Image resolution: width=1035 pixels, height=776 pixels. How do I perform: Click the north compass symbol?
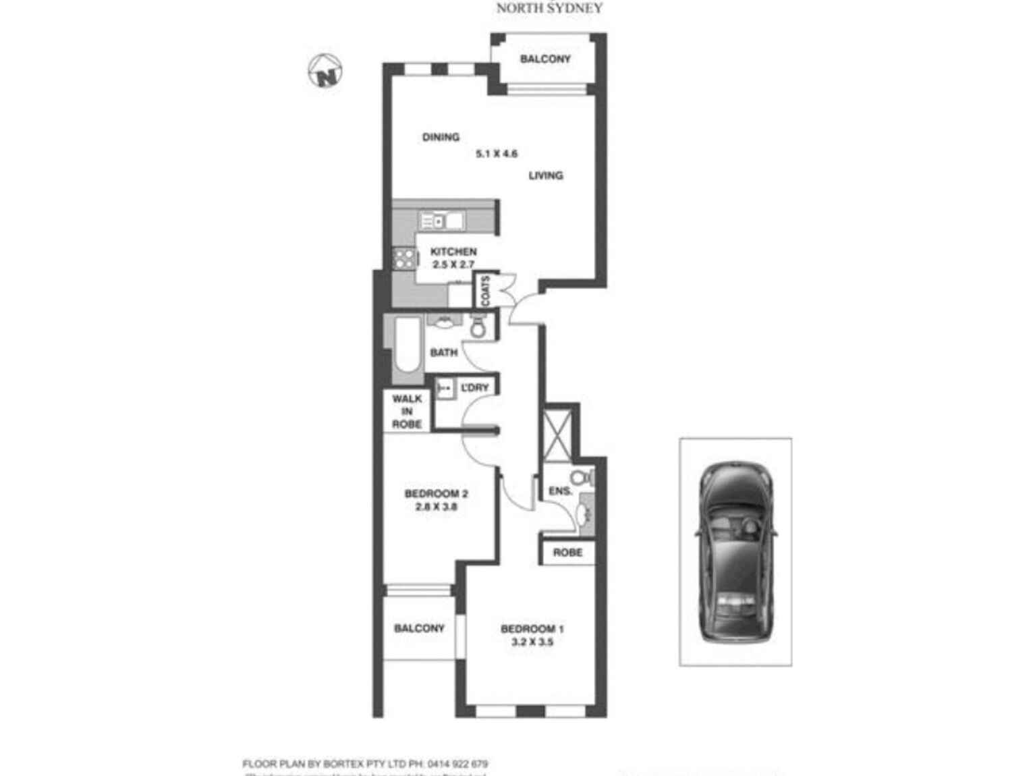[326, 71]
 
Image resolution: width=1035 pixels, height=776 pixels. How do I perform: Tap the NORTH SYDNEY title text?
[549, 8]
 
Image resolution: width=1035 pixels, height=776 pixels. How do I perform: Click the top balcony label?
[545, 59]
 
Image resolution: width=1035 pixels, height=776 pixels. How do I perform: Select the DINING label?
[441, 137]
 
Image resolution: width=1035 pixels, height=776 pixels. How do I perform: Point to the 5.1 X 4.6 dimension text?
[497, 154]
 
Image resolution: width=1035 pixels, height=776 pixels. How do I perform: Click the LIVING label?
[545, 175]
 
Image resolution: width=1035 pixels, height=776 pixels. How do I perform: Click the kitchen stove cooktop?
[405, 258]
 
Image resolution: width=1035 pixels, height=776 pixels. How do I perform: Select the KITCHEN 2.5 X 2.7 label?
[453, 258]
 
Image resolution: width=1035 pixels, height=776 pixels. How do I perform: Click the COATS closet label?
[486, 289]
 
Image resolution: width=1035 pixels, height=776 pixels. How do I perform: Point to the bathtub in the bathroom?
[407, 345]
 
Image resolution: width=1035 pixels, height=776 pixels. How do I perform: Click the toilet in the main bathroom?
[478, 327]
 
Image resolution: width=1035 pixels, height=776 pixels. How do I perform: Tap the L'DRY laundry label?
[474, 388]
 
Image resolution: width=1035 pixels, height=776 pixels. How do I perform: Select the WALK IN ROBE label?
[407, 412]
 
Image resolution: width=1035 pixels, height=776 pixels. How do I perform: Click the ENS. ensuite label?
[560, 491]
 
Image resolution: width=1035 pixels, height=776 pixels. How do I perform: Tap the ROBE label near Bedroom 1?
[567, 553]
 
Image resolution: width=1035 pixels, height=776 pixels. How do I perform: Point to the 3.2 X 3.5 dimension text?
[532, 642]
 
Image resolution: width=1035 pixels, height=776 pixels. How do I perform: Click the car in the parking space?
[735, 551]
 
